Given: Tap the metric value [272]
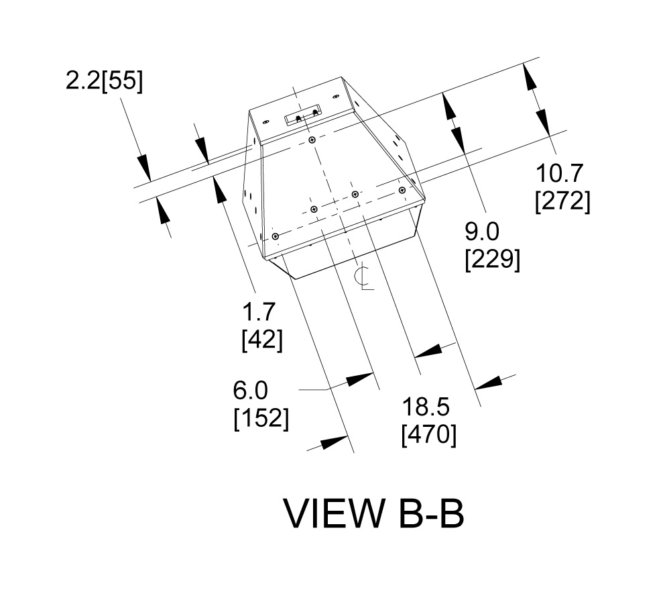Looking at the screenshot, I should point(562,201).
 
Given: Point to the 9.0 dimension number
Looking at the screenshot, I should point(482,233).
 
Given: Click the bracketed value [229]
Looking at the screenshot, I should point(492,259).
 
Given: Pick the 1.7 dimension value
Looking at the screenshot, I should point(260,313).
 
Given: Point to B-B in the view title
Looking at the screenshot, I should point(426,514).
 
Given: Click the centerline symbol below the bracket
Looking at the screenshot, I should point(364,277).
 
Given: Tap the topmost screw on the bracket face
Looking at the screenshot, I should point(312,140).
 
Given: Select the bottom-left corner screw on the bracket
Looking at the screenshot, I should point(275,236).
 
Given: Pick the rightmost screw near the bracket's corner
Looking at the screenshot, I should point(403,190).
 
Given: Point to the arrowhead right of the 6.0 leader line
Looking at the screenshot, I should point(359,379).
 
